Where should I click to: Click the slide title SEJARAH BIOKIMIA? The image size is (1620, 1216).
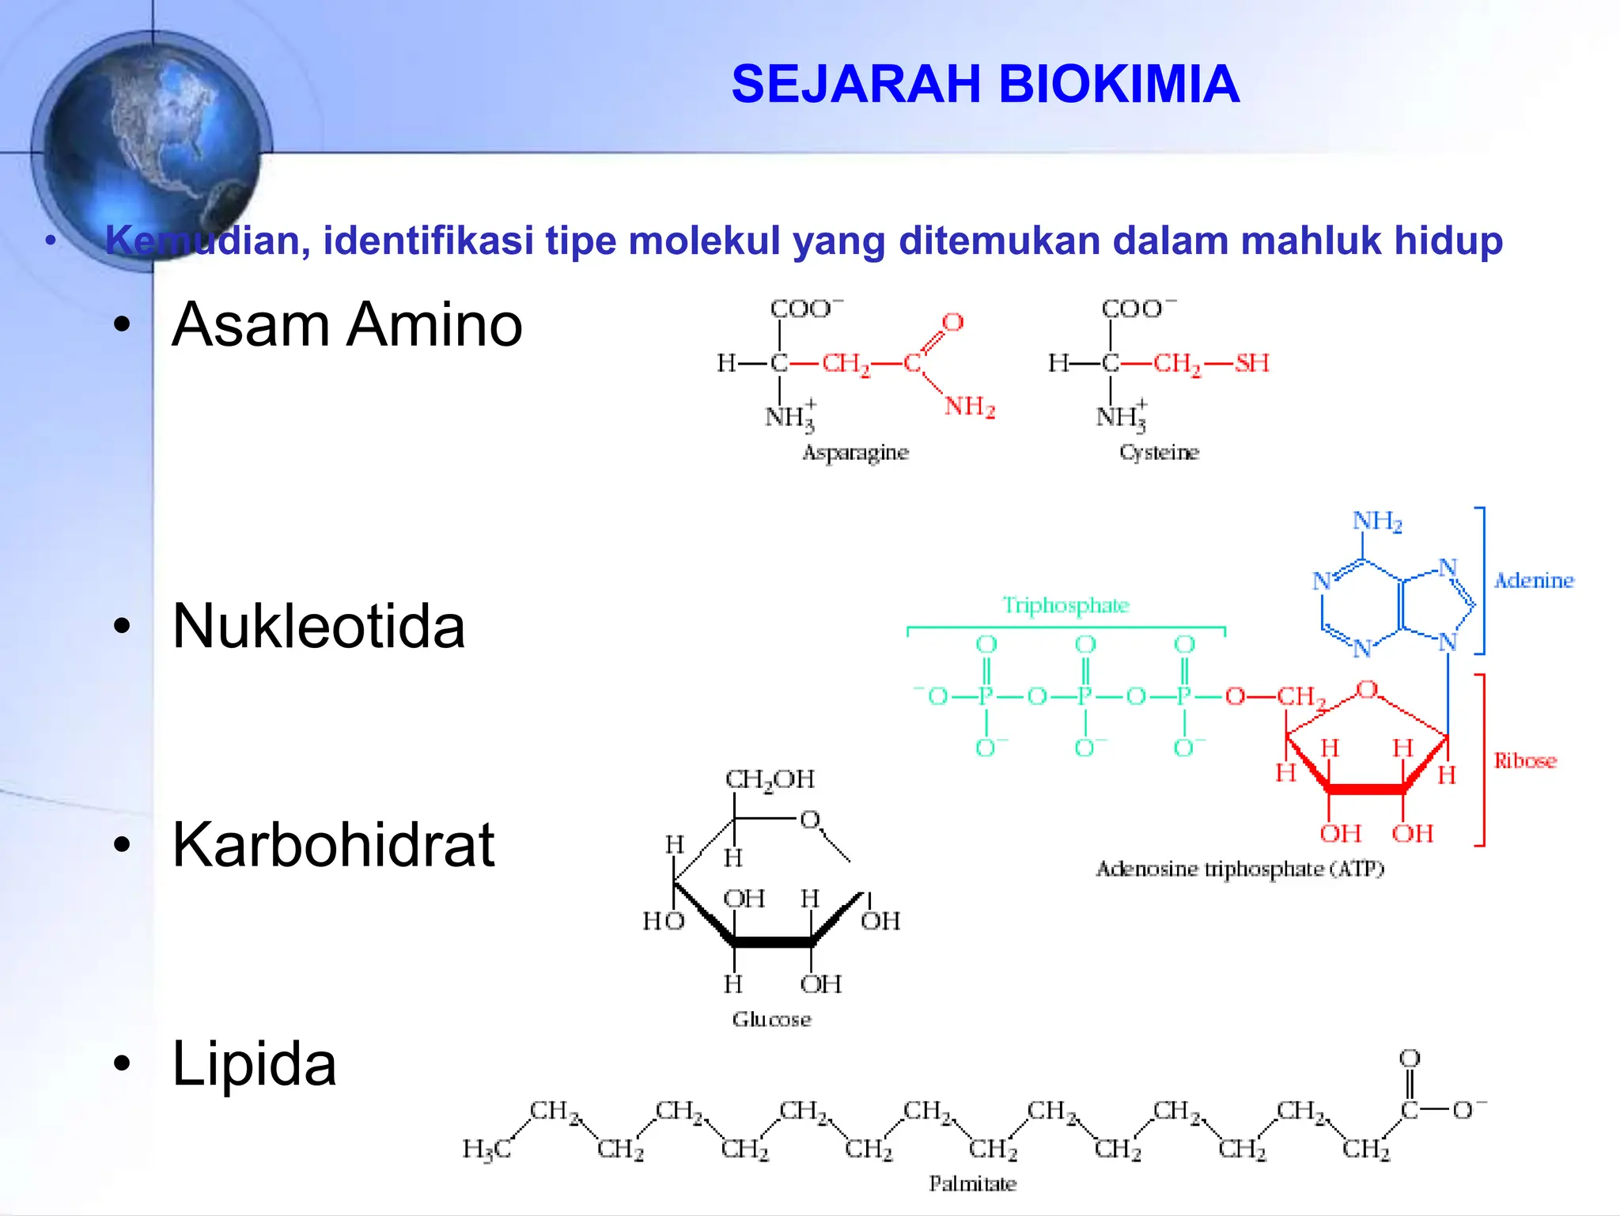click(985, 84)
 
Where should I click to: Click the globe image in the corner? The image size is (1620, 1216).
click(150, 146)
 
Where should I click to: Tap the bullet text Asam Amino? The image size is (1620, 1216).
click(347, 324)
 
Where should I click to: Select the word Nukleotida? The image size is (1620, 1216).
click(319, 627)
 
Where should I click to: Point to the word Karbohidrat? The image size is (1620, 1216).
click(333, 845)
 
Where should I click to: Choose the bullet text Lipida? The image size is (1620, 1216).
click(254, 1064)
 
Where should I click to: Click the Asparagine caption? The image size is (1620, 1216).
click(855, 453)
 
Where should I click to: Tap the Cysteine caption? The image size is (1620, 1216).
click(1159, 453)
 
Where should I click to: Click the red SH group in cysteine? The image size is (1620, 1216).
click(1251, 363)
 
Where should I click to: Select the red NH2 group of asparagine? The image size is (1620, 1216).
click(969, 407)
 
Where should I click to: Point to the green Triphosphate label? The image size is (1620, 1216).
click(1065, 605)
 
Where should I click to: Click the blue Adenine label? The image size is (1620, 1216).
click(1533, 581)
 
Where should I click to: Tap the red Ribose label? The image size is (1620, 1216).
click(1524, 761)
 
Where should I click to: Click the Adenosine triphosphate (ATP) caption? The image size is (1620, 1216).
click(1240, 869)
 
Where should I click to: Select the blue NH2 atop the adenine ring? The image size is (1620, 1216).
click(1376, 521)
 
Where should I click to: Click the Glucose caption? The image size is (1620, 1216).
click(771, 1019)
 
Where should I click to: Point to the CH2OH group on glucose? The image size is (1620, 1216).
click(769, 779)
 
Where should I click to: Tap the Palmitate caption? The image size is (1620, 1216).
click(972, 1184)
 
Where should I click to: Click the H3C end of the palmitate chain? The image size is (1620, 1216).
click(486, 1149)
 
